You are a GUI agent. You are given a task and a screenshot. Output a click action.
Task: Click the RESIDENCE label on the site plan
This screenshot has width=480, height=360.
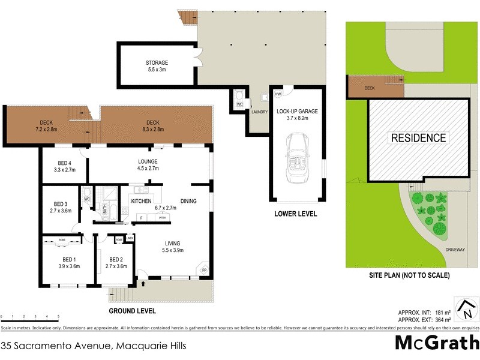418,137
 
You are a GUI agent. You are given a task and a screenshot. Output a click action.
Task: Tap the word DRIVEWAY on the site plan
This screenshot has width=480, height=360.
455,248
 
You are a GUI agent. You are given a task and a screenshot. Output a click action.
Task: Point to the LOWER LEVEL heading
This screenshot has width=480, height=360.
296,214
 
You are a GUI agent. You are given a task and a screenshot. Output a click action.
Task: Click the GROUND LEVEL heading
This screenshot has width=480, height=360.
132,311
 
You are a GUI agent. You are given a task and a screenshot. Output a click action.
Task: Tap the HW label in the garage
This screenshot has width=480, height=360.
278,95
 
